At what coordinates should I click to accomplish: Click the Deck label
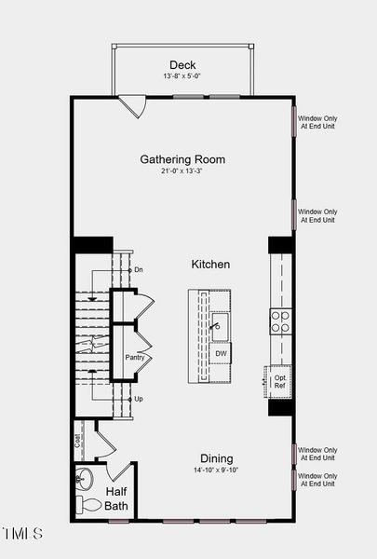(x=182, y=65)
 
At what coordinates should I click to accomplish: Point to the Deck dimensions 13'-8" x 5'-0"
(x=182, y=76)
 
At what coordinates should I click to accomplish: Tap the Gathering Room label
(x=182, y=159)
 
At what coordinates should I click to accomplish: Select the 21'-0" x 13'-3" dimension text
(x=182, y=170)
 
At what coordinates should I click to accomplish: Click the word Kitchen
(x=210, y=265)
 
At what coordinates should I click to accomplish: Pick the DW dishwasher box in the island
(x=221, y=353)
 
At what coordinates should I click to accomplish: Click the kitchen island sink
(x=220, y=327)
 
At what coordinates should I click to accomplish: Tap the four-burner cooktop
(x=281, y=322)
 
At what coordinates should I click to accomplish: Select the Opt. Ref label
(x=280, y=381)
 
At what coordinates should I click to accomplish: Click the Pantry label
(x=135, y=357)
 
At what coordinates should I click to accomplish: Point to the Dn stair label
(x=139, y=270)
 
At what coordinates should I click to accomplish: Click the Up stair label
(x=139, y=399)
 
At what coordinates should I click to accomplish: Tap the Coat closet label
(x=77, y=441)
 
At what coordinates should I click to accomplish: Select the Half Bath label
(x=116, y=498)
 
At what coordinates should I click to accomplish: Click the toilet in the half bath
(x=88, y=504)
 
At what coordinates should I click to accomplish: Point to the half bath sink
(x=84, y=479)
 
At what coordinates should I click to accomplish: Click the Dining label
(x=217, y=458)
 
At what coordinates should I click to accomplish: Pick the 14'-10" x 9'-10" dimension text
(x=216, y=470)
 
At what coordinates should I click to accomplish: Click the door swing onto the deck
(x=132, y=106)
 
